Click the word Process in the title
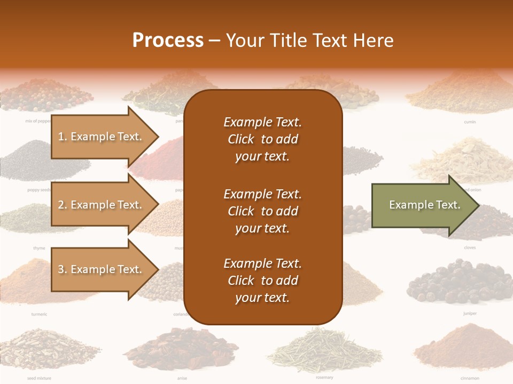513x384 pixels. point(168,41)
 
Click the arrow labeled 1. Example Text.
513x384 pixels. point(102,137)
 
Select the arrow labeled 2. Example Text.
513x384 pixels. point(102,205)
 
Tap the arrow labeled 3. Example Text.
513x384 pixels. point(102,269)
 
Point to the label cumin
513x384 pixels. point(470,122)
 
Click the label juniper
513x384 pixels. point(470,314)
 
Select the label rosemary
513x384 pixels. point(324,378)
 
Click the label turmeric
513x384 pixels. point(39,314)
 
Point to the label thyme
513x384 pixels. point(39,248)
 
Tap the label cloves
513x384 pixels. point(470,248)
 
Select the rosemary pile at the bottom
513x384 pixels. point(324,349)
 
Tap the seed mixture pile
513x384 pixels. point(48,349)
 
